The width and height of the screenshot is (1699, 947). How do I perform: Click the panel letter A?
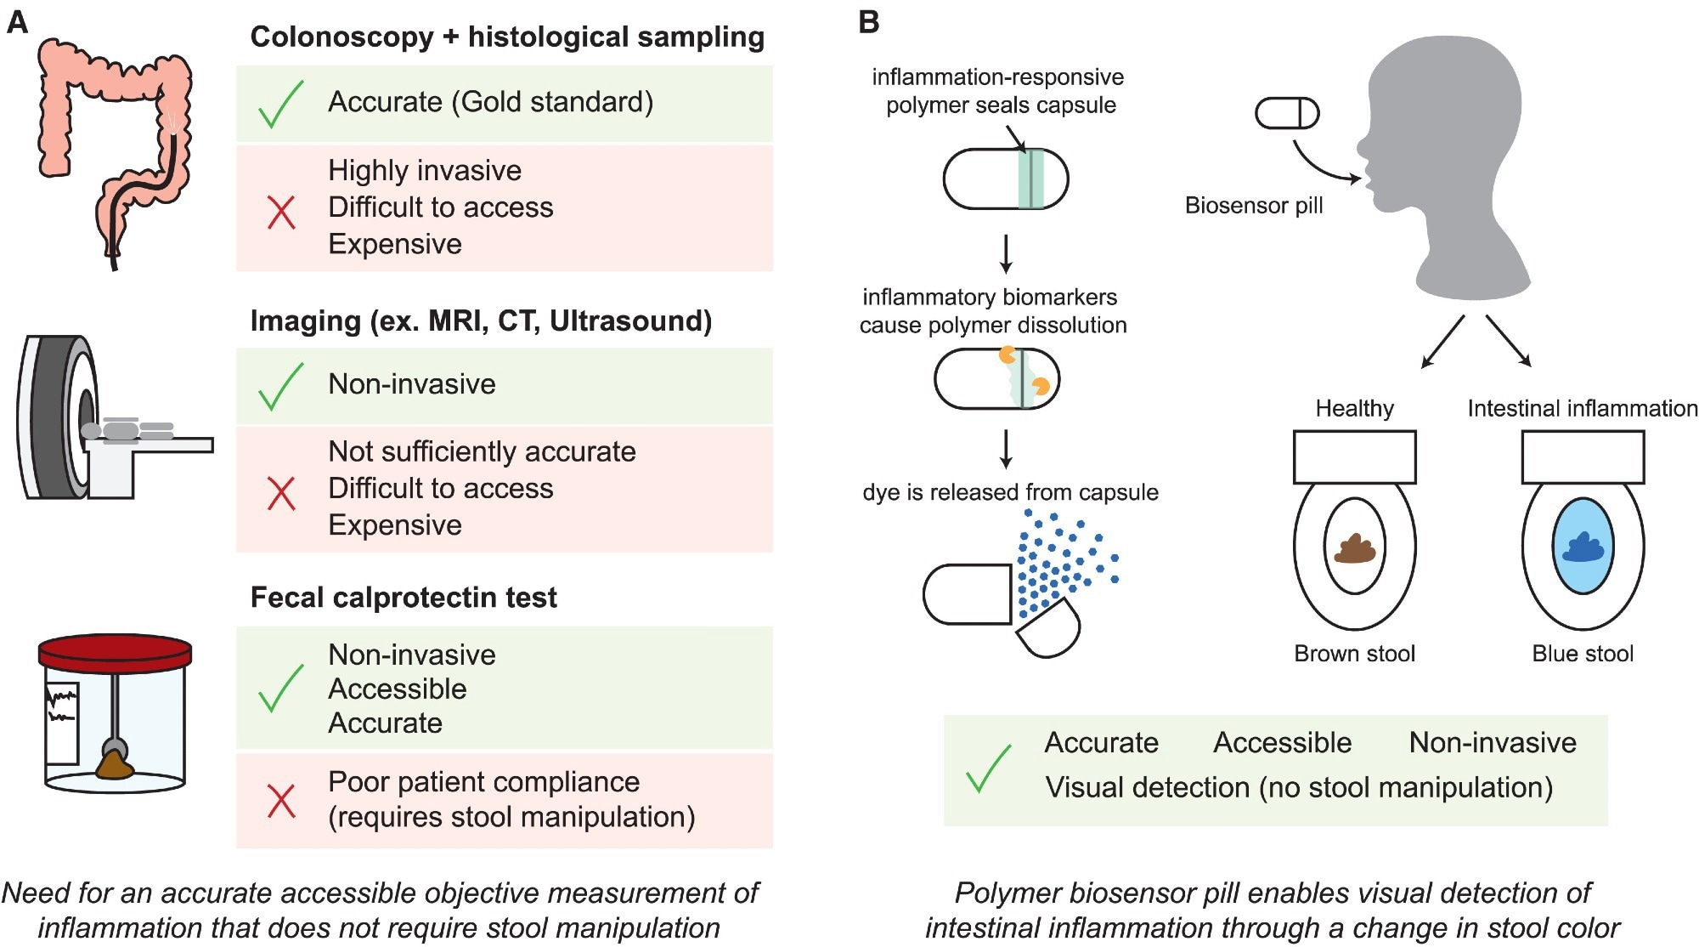17,22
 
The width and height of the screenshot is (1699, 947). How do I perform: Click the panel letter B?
868,22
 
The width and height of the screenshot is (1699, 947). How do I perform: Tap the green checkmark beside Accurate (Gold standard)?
280,104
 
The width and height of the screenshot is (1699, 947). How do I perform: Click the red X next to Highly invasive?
281,213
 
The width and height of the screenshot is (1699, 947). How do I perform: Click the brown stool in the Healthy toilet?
1354,549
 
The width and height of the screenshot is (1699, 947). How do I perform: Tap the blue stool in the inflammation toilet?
1582,548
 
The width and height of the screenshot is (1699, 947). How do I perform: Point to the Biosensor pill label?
1254,206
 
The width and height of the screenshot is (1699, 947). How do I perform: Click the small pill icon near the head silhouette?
1287,113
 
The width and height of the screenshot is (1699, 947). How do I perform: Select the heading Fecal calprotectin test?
404,598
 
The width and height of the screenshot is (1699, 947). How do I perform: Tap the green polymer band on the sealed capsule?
1030,179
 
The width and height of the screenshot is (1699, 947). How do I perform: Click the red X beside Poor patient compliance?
281,801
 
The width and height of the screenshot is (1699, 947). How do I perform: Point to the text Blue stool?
1582,654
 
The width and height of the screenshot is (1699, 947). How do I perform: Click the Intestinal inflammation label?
1582,409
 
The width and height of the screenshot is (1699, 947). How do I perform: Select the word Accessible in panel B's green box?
1282,743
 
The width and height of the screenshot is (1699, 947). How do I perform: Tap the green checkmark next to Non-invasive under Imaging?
280,386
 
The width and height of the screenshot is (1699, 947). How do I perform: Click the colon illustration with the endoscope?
115,145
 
